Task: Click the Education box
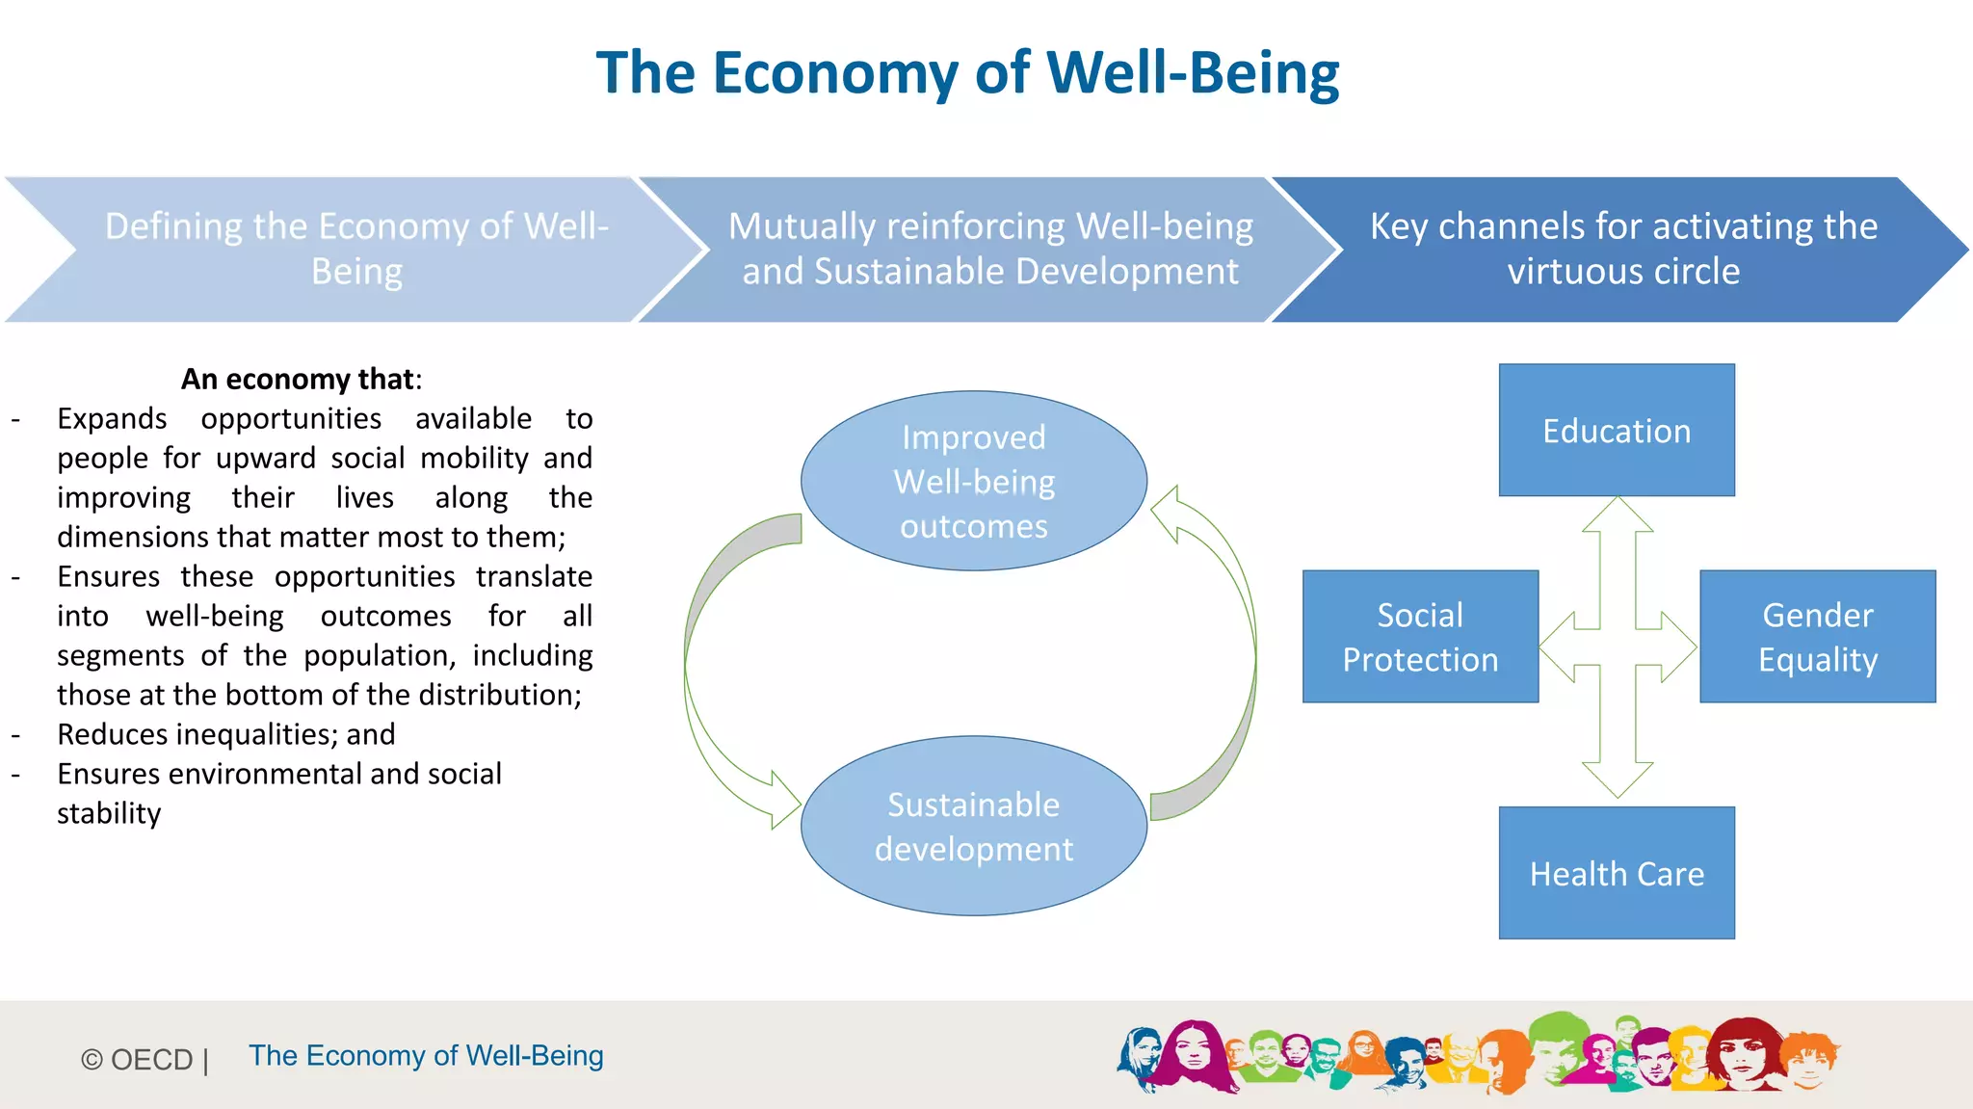[x=1616, y=430]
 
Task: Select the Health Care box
[x=1616, y=873]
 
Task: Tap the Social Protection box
[x=1419, y=636]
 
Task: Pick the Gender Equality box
[x=1817, y=636]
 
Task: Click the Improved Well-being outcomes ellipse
[x=973, y=481]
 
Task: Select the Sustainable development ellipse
[x=973, y=826]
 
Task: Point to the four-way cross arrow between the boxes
[x=1618, y=647]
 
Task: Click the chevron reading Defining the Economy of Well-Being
[x=356, y=249]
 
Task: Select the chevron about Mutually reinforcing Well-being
[x=989, y=249]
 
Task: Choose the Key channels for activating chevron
[x=1622, y=249]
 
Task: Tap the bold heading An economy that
[x=301, y=379]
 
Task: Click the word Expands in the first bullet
[x=112, y=418]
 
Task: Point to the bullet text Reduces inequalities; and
[x=225, y=734]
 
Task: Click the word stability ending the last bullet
[x=109, y=813]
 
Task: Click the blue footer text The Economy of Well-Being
[x=426, y=1055]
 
